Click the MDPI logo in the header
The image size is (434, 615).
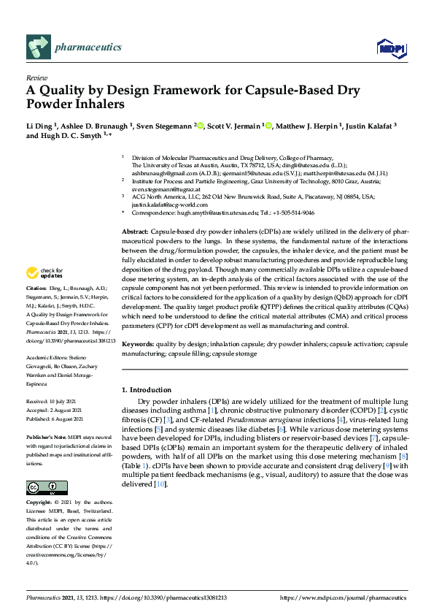point(391,48)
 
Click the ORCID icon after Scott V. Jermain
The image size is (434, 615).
point(268,125)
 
